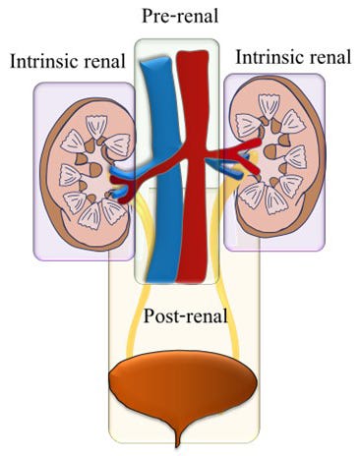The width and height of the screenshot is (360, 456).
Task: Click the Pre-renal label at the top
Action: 180,16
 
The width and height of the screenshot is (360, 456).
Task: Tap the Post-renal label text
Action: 186,315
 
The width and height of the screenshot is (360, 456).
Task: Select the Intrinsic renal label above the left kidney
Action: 68,61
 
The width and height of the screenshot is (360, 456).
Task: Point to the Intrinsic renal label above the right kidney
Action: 293,57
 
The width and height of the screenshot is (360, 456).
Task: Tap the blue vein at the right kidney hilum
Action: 229,166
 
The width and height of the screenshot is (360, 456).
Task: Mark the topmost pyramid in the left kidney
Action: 96,127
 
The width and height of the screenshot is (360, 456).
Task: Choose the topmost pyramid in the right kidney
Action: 270,106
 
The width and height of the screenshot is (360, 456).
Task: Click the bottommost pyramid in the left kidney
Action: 90,215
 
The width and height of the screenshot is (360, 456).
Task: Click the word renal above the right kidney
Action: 330,57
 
